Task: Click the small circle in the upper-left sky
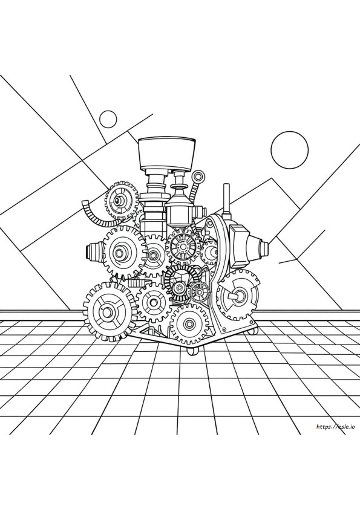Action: point(108,120)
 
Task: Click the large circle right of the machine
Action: point(289,150)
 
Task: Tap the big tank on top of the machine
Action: point(167,154)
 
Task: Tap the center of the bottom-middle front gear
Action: point(189,324)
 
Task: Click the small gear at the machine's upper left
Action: point(120,199)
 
